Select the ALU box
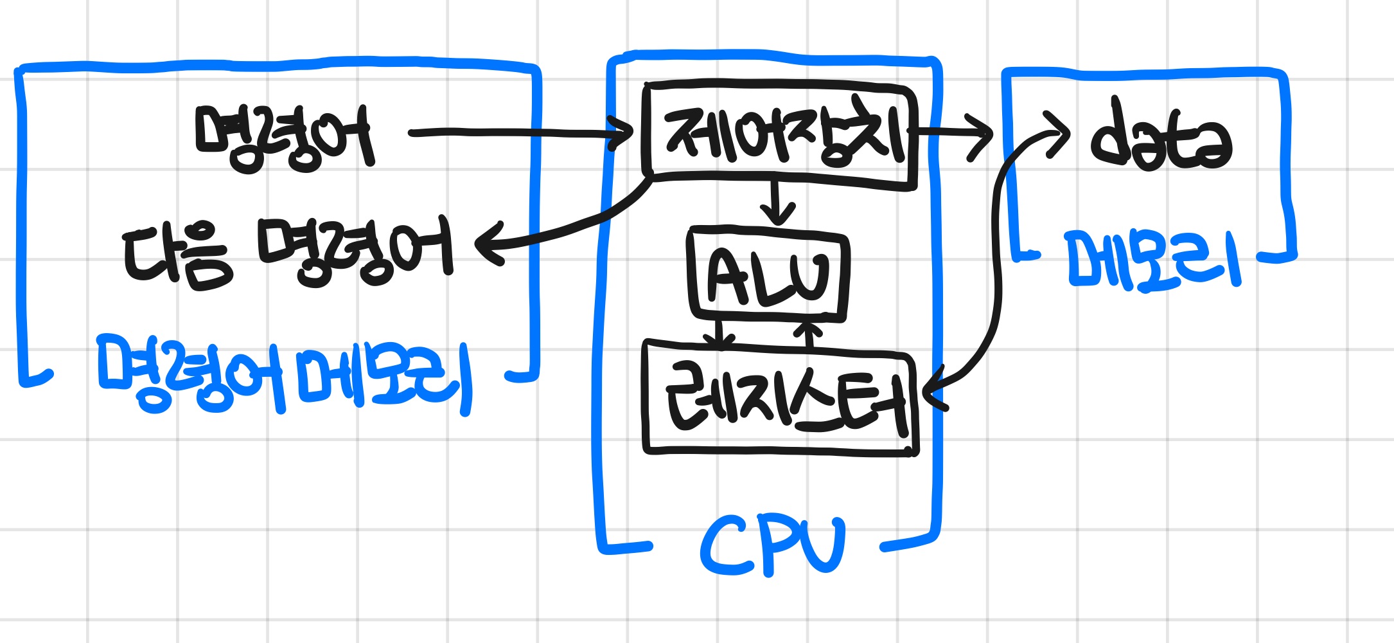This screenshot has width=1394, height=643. pyautogui.click(x=768, y=275)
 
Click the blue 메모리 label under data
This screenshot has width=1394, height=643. pyautogui.click(x=1152, y=260)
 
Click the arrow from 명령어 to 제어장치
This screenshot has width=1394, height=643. pyautogui.click(x=514, y=133)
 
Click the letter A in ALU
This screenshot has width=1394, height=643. pyautogui.click(x=726, y=276)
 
